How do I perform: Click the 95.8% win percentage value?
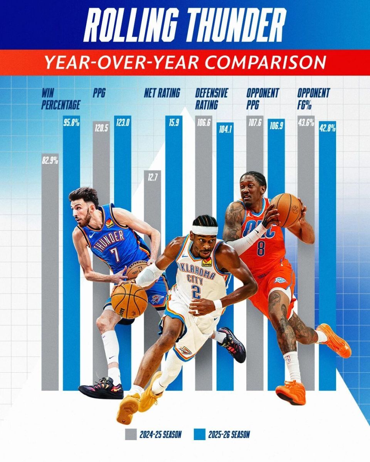[71, 123]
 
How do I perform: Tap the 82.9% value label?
[50, 161]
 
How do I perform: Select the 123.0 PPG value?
[123, 124]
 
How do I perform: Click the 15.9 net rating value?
[174, 124]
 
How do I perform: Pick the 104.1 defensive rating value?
[225, 130]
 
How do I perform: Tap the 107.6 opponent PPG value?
[255, 123]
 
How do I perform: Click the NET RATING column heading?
[162, 93]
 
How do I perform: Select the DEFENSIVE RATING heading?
[211, 99]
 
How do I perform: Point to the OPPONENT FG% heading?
[313, 99]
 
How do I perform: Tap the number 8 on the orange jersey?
[261, 249]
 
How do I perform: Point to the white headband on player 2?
[205, 230]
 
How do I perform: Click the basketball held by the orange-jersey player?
[286, 210]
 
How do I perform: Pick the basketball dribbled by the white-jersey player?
[129, 300]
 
